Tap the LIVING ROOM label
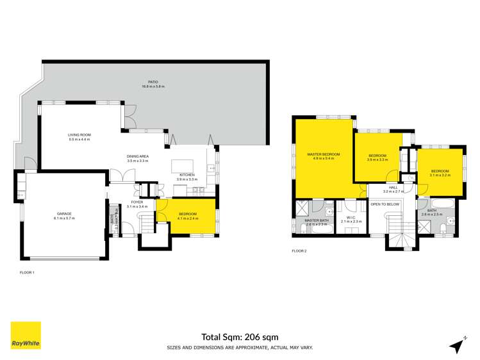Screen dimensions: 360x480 coord(80,135)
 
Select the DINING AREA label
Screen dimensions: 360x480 coord(138,157)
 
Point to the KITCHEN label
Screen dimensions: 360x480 coord(186,174)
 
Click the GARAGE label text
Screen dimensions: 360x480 coord(63,214)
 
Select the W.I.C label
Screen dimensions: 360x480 coord(352,218)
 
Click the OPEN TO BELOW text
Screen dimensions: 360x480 coord(385,204)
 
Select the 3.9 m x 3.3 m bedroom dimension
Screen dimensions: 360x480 coord(377,160)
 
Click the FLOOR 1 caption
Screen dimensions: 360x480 coord(27,273)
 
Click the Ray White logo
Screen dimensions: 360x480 coord(26,335)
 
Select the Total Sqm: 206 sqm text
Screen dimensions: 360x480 coord(240,336)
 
